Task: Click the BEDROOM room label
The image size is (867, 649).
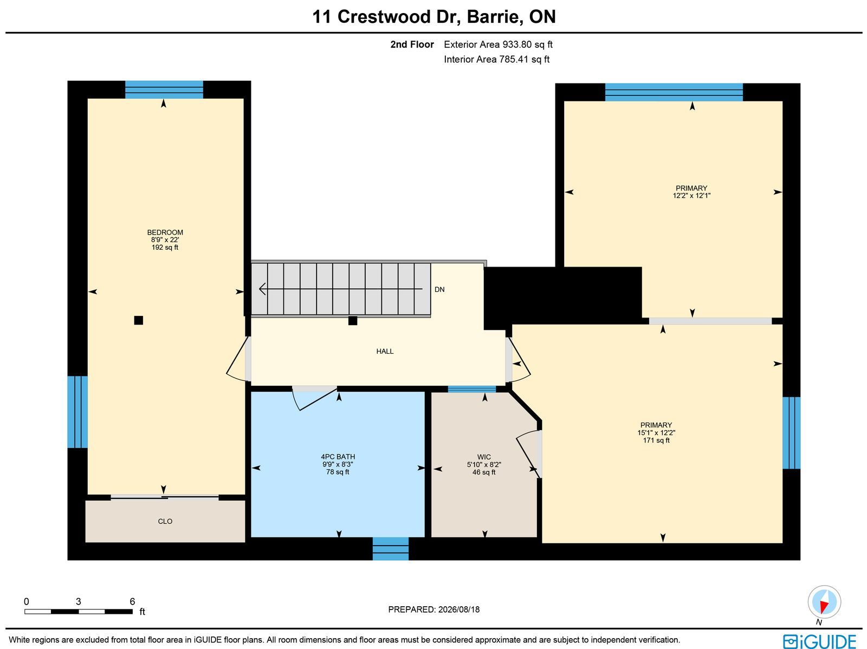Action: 165,232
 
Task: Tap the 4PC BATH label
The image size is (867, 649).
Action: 338,457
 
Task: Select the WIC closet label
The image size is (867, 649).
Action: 484,457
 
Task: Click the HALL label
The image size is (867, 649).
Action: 385,352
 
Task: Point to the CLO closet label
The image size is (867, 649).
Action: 165,521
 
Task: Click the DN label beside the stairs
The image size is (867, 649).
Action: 439,289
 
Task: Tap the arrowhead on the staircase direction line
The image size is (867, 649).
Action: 262,289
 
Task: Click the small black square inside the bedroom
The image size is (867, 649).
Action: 139,320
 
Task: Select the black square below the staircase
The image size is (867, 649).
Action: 353,321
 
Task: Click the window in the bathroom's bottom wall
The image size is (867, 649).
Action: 391,549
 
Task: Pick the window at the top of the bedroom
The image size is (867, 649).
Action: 164,89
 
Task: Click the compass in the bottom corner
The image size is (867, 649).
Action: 824,602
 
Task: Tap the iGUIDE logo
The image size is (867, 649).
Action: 820,641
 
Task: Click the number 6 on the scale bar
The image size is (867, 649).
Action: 132,601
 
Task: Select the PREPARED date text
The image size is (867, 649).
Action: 433,609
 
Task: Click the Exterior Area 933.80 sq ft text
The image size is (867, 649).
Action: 498,44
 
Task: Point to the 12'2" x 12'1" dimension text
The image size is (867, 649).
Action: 691,196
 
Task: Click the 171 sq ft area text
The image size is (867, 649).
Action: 656,440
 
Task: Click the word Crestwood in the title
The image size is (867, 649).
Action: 384,17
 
